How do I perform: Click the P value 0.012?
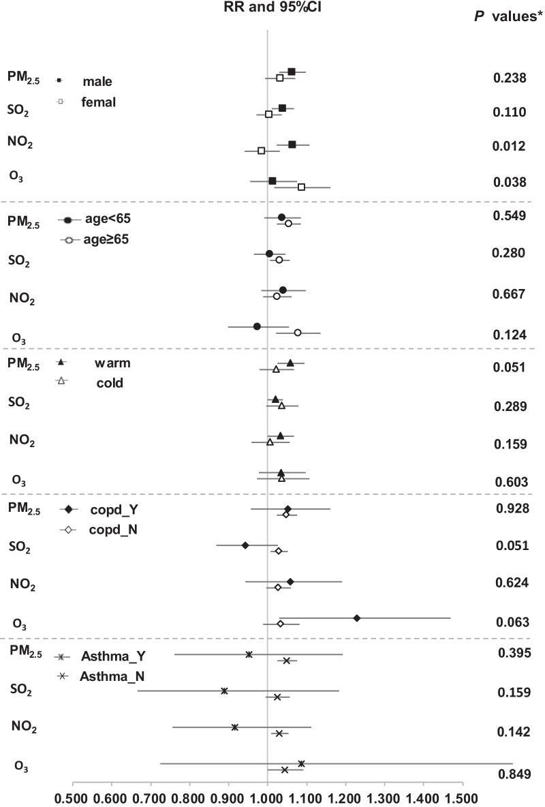(509, 147)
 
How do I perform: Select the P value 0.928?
(509, 509)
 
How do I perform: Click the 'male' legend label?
(97, 82)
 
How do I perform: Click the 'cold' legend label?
(109, 383)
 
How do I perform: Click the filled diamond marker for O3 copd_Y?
(357, 618)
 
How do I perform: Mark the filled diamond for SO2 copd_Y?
(245, 545)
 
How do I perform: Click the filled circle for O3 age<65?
(257, 326)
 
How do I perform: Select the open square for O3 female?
(301, 187)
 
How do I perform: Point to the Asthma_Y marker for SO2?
(224, 690)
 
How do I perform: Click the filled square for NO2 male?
(292, 144)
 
